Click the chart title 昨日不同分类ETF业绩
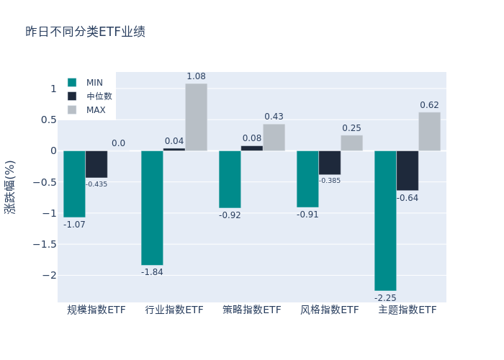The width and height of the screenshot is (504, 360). pos(85,32)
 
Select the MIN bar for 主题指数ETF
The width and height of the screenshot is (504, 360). pos(385,220)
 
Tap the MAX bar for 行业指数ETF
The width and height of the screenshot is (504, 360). pos(196,117)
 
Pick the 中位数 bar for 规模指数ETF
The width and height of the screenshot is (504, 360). pos(96,164)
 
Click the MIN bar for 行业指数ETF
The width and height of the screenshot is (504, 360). pos(152,207)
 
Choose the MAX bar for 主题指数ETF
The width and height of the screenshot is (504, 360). pos(429,132)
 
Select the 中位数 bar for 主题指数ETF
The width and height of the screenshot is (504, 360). pos(407,171)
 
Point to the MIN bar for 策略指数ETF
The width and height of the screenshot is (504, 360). pos(230,179)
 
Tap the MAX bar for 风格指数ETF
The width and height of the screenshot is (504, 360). pos(351,143)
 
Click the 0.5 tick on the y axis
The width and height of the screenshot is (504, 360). pos(48,120)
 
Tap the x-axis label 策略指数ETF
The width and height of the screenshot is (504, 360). pos(252,310)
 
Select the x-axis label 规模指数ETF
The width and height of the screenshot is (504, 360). pos(96,310)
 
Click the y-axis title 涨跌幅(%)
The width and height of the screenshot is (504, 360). pos(10,186)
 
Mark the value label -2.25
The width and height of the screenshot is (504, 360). pos(385,297)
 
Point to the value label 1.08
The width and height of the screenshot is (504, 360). pos(196,76)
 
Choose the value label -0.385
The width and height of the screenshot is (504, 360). pos(330,181)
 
